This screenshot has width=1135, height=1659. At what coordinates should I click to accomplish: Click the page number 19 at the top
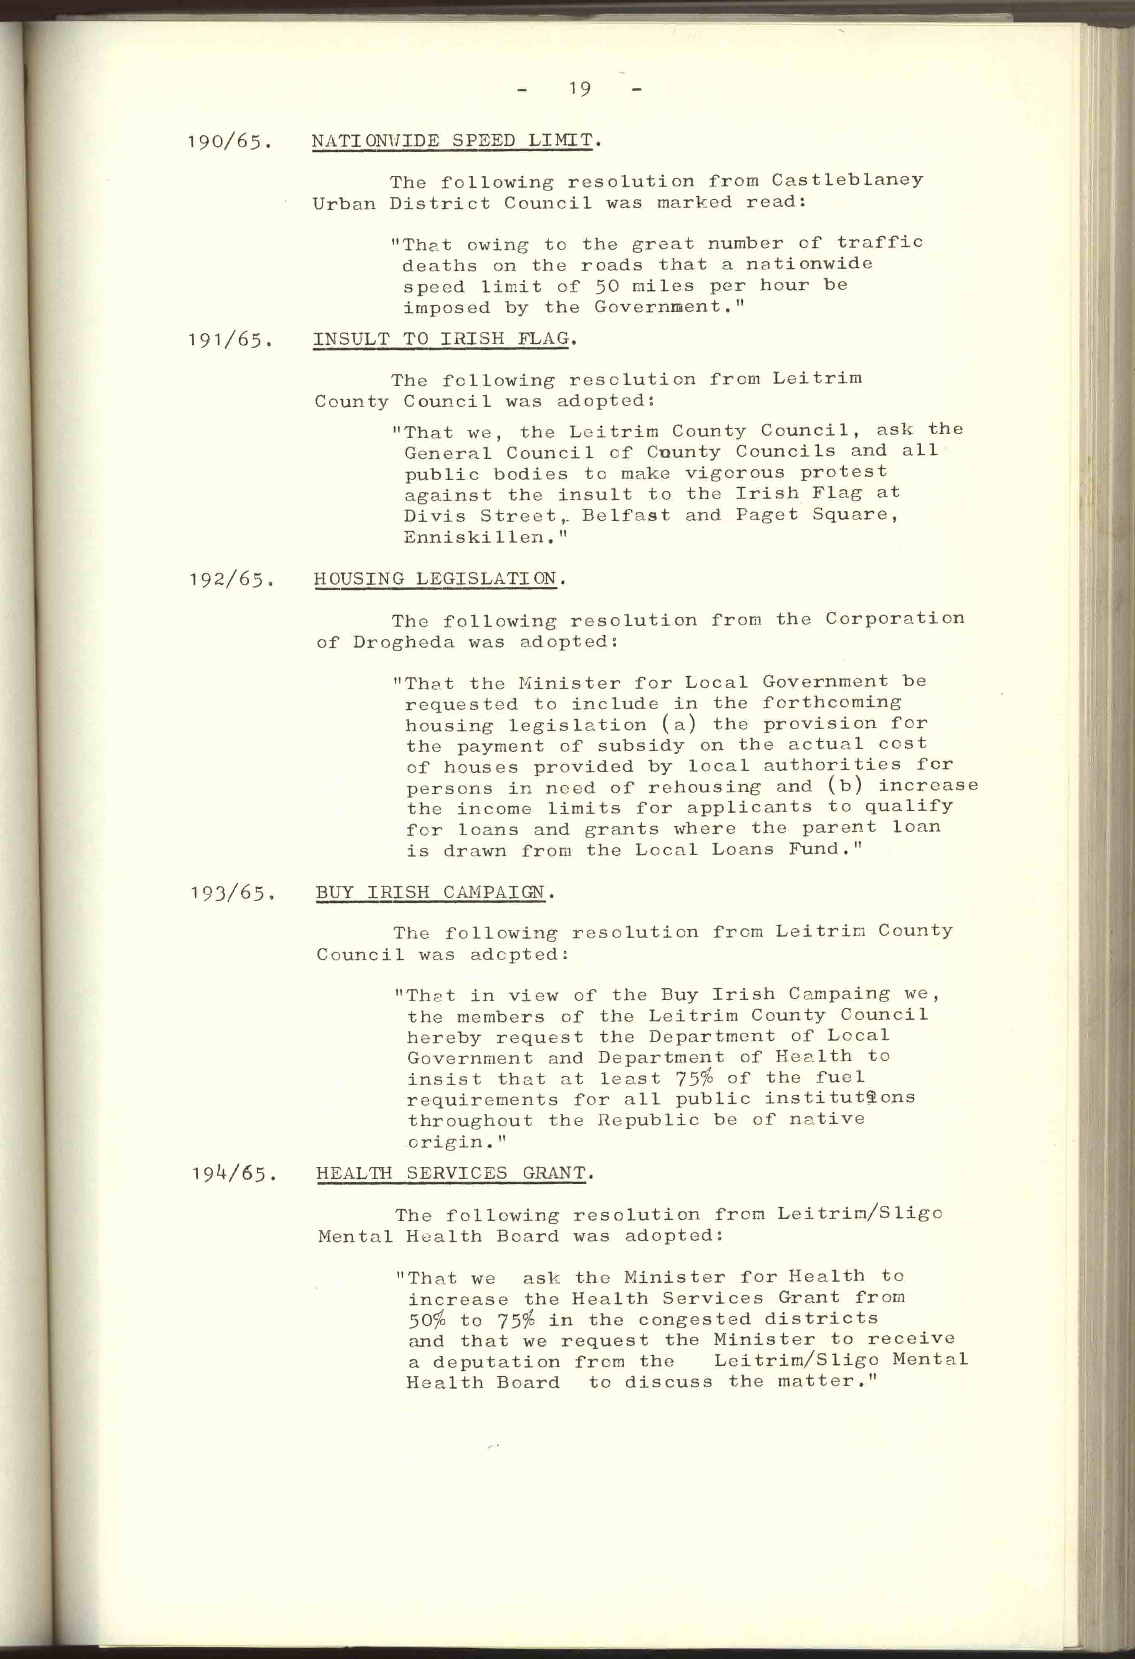pyautogui.click(x=580, y=89)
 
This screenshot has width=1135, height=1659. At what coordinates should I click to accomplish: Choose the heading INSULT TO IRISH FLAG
pyautogui.click(x=442, y=339)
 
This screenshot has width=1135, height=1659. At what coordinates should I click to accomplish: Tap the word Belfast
pyautogui.click(x=625, y=515)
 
